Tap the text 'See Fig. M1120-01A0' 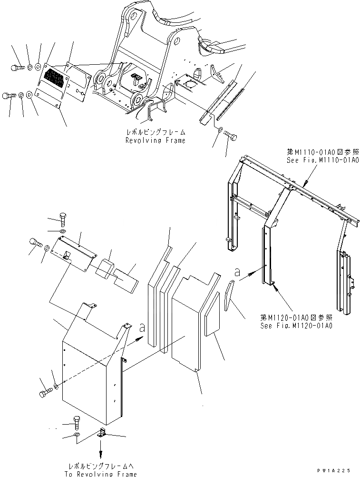click(296, 326)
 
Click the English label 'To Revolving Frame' click(101, 474)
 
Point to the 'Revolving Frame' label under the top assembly click(155, 140)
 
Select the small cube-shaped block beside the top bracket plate click(106, 268)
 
